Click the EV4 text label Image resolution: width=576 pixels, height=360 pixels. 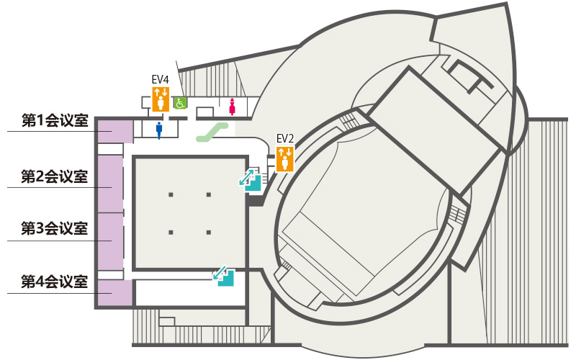click(160, 79)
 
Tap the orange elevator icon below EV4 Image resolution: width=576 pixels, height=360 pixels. click(161, 99)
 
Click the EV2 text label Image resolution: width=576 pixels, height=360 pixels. click(285, 139)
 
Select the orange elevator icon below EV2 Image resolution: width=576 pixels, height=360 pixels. click(285, 159)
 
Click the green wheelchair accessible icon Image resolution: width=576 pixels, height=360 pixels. click(180, 103)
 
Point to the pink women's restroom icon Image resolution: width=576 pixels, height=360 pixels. click(232, 107)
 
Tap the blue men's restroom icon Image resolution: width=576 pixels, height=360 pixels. click(159, 130)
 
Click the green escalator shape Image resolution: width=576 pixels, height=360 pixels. click(212, 132)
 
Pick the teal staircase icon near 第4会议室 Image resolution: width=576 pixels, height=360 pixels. click(224, 276)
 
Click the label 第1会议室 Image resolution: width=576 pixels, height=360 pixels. click(55, 120)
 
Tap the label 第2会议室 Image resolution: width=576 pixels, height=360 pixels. click(55, 176)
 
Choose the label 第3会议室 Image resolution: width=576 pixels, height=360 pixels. click(55, 228)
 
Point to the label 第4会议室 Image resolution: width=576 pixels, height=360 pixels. click(55, 282)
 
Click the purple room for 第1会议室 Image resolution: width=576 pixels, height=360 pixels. click(115, 131)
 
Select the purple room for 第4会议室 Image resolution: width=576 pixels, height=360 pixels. click(115, 293)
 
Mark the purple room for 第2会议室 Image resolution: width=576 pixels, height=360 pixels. click(111, 184)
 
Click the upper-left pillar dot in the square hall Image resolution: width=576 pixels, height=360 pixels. click(171, 194)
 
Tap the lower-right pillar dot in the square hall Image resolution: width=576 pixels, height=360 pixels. click(209, 233)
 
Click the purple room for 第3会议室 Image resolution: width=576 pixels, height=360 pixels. click(111, 242)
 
